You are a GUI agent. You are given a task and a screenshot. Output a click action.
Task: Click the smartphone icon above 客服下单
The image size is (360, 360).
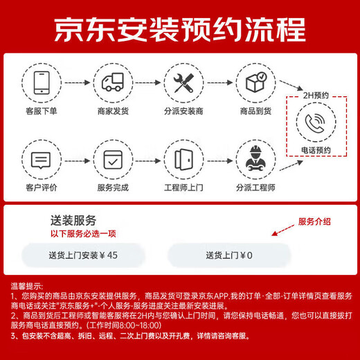pos(42,82)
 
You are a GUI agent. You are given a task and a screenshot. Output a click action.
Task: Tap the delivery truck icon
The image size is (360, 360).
pos(113,82)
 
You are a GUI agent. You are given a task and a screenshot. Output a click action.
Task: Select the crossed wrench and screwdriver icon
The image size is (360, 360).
pos(183,83)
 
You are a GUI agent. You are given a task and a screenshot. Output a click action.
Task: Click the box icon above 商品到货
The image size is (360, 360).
pos(256,82)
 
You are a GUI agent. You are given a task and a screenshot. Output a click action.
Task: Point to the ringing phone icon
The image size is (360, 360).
pos(315,123)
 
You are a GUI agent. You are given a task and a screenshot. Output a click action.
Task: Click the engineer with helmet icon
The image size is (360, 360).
pos(255,159)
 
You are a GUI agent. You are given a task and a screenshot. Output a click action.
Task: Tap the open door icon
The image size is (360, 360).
pos(183,159)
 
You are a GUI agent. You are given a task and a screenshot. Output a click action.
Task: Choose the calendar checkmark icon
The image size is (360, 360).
pos(113,160)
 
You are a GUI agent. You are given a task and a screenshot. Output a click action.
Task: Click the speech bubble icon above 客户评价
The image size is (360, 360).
pos(41,161)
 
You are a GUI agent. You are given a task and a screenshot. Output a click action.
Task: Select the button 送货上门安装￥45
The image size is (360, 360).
pos(83,255)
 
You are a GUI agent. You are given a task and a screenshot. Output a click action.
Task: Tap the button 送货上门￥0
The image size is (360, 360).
pos(229,255)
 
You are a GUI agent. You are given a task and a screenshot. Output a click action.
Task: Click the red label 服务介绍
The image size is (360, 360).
pos(314,222)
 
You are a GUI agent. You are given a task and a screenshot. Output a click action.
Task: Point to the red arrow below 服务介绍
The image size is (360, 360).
pos(283,231)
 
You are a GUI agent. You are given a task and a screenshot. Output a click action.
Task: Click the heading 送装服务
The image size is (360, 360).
pos(73,220)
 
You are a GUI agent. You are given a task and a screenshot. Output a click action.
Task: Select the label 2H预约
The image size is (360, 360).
pos(316,96)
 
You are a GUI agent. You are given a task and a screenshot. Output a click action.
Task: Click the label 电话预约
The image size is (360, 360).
pos(316,150)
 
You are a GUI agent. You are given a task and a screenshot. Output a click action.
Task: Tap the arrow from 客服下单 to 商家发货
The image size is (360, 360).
pos(78,82)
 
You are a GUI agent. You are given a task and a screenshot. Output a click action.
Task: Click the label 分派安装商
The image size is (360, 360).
pos(183,111)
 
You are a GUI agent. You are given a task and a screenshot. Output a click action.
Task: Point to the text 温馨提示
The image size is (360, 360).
pos(26,286)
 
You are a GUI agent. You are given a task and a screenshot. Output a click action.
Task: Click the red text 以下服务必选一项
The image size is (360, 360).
pos(83,234)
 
